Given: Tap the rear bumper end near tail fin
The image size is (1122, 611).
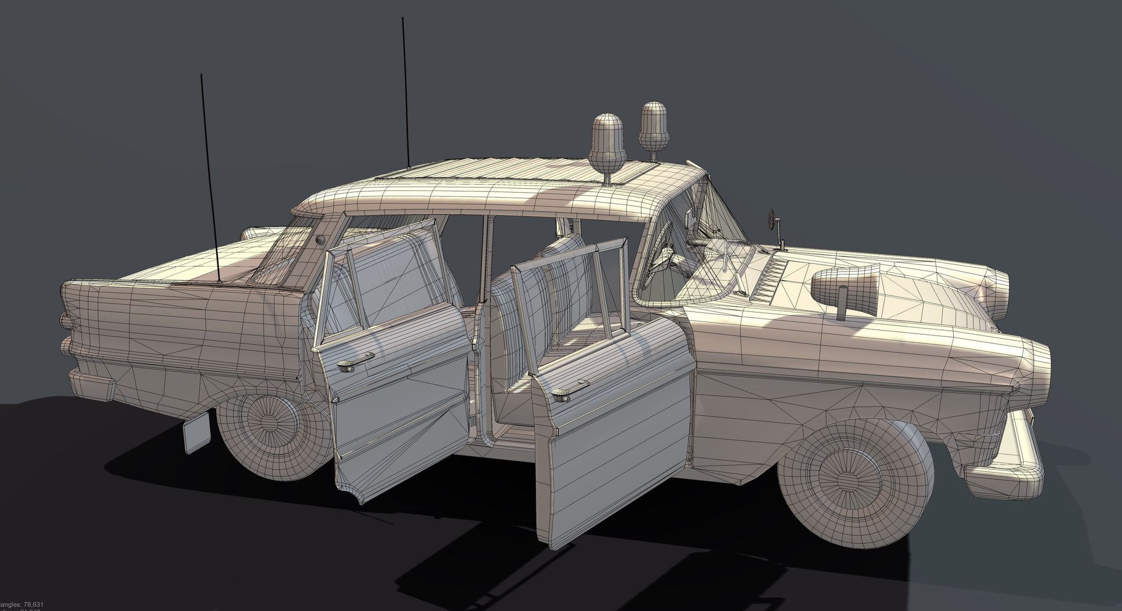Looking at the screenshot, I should coord(93,385).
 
